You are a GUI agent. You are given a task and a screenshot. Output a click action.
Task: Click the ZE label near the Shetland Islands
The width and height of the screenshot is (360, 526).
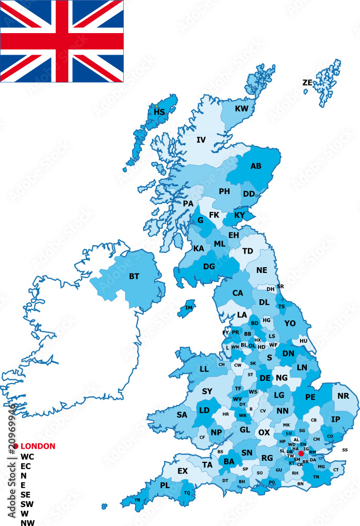coord(307,83)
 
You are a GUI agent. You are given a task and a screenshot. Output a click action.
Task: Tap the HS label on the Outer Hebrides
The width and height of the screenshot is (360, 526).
coord(159,112)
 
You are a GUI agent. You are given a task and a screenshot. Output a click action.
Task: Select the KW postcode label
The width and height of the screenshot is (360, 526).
coord(242,109)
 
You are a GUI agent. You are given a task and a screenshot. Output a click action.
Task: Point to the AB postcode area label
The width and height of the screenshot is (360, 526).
coord(256,166)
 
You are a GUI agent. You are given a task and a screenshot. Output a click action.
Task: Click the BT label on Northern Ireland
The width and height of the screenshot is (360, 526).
coord(134,276)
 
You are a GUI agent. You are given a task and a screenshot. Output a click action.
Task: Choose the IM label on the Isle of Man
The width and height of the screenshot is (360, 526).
coord(189,308)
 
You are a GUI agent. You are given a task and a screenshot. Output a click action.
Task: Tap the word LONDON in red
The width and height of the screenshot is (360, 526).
coord(37,446)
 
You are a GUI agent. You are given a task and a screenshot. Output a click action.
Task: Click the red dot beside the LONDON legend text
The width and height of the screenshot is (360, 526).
coord(16,446)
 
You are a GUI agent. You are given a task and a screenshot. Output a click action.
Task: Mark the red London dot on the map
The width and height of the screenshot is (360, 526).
coord(301,453)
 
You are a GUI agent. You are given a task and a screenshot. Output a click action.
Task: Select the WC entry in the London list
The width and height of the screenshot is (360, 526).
coord(27,457)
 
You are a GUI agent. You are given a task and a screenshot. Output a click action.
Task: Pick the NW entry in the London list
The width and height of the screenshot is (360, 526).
coord(27,522)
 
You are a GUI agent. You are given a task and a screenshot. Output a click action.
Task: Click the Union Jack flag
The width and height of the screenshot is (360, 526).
coord(62,41)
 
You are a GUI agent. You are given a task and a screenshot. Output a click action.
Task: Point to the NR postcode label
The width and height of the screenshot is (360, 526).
coord(343,396)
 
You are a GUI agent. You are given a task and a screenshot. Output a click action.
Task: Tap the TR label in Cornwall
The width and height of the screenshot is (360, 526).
coord(137,500)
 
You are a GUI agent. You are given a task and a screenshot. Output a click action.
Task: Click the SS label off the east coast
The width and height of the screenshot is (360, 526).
coord(345,450)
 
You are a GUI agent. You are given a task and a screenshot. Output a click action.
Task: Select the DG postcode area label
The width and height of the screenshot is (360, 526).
coord(209,266)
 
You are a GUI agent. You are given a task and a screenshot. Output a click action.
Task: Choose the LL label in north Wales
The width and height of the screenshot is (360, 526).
coord(204,369)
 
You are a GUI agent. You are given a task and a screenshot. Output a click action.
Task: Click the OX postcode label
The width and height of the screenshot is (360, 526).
coord(264,432)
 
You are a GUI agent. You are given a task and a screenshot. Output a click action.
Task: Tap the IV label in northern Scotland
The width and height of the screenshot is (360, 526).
coord(201,140)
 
